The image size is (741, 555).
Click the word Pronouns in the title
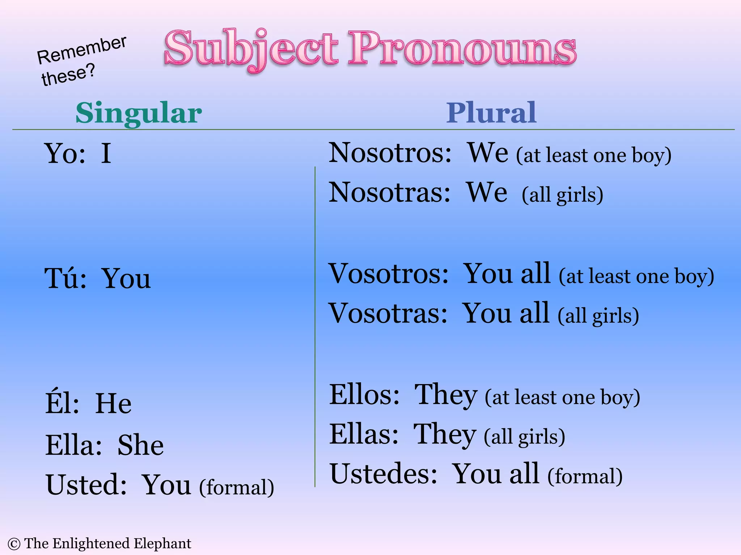click(x=462, y=48)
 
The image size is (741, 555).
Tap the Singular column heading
click(x=139, y=113)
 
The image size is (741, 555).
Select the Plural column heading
click(x=491, y=113)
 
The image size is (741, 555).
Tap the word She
click(x=140, y=445)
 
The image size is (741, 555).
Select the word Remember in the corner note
click(x=82, y=50)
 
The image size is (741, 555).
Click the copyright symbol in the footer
click(x=14, y=544)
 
